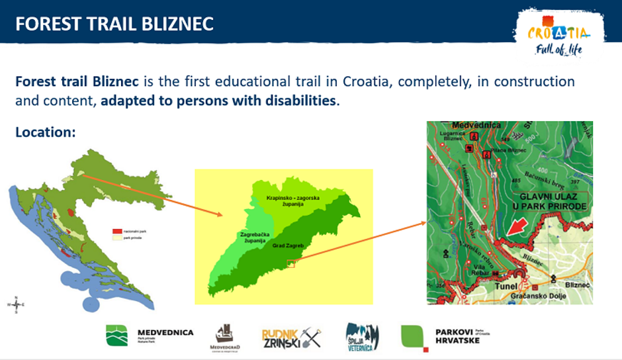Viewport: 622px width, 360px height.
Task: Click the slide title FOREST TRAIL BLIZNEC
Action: (114, 24)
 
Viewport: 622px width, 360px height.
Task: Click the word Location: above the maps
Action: (46, 132)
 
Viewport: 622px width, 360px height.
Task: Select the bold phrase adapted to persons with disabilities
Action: (219, 101)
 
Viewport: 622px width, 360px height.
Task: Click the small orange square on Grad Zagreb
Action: (291, 263)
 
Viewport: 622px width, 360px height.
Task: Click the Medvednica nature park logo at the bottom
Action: (150, 335)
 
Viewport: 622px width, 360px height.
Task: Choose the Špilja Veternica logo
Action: (362, 336)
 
